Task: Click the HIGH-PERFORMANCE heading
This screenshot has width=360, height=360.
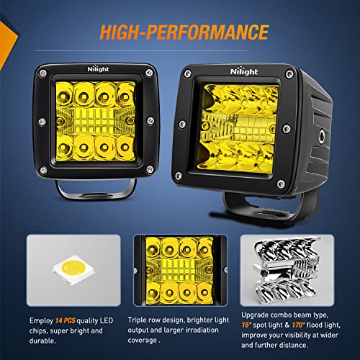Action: [x=180, y=32]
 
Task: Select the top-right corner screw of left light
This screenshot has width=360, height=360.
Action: [x=148, y=73]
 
